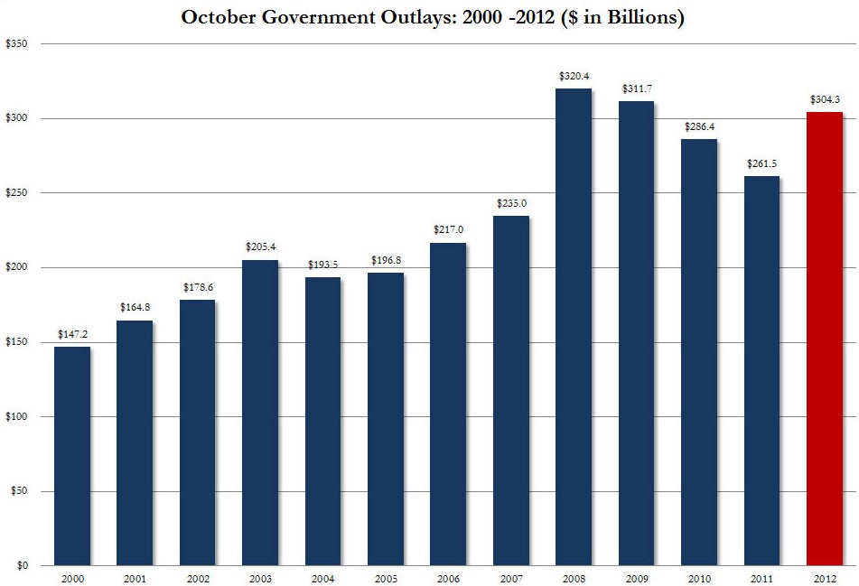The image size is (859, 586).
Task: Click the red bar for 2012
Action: click(824, 339)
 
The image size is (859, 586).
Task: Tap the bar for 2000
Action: click(71, 456)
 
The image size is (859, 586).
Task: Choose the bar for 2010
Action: click(698, 352)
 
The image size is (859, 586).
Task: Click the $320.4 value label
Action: click(574, 77)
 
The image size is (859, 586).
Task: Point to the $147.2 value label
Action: click(71, 335)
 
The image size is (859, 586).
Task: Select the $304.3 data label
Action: click(824, 100)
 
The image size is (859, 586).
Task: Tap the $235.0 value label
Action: click(511, 204)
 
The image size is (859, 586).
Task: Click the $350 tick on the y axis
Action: click(15, 43)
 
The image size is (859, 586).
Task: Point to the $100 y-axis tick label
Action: click(15, 416)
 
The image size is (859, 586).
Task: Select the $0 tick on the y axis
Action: click(21, 565)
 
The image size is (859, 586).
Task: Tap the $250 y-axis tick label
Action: click(15, 192)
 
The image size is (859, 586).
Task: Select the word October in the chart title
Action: click(218, 17)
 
